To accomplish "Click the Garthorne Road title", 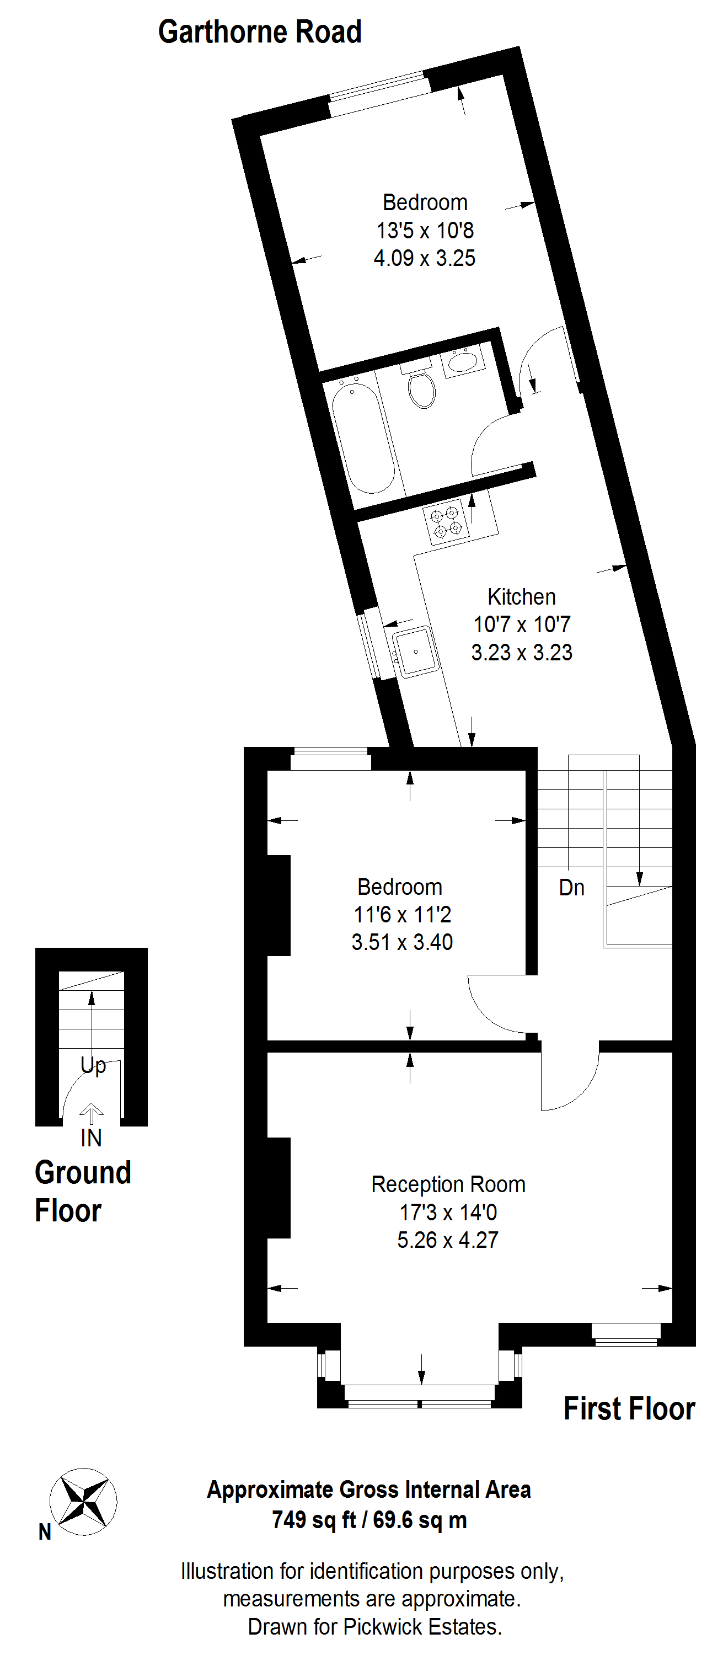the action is tap(260, 32).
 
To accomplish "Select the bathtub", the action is tap(362, 437).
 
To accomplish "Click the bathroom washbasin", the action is tap(463, 361).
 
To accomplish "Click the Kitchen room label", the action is tap(521, 597).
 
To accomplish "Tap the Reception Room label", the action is tap(448, 1184).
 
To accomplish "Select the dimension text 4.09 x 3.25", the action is tap(425, 258).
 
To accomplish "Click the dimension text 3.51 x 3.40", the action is tap(402, 942).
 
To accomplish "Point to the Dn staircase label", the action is tap(571, 888).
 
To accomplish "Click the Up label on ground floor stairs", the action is tap(93, 1066).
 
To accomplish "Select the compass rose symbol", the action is tap(83, 1502).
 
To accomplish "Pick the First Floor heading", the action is tap(629, 1409).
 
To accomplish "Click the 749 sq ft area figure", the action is tap(314, 1520).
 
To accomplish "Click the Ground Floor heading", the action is tap(83, 1192).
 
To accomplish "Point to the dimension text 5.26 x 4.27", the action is tap(448, 1240).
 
